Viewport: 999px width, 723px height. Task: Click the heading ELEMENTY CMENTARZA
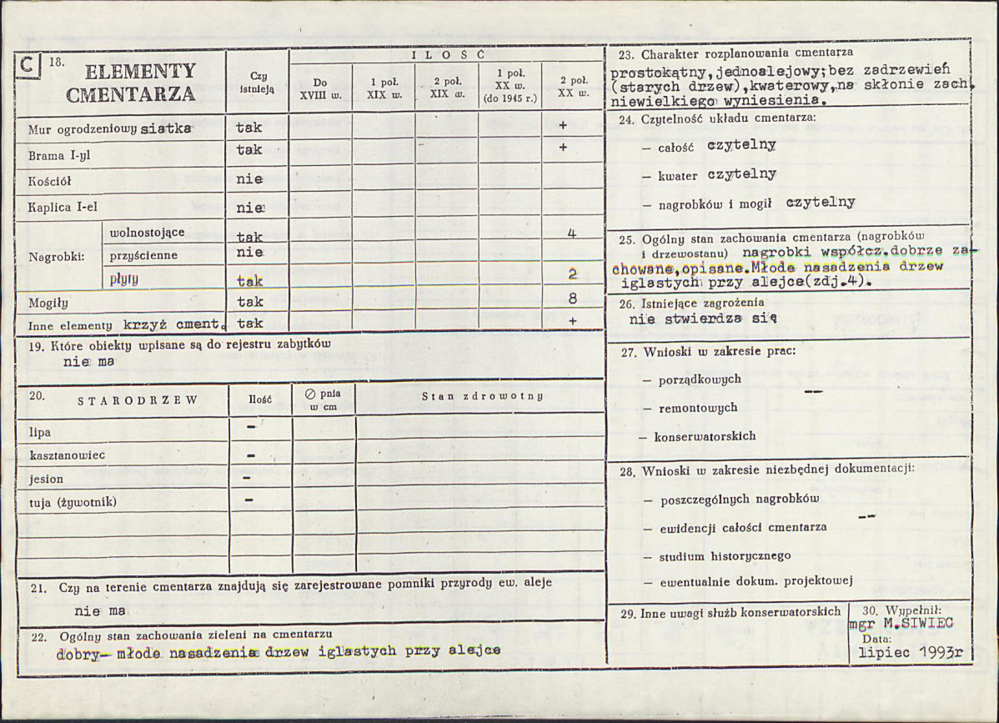tap(130, 82)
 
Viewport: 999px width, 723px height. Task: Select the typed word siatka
tap(167, 129)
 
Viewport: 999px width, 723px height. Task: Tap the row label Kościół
tap(50, 181)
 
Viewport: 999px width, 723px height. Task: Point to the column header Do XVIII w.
tap(320, 88)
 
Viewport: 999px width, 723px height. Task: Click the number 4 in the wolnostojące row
tap(572, 233)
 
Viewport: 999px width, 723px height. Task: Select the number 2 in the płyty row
tap(572, 274)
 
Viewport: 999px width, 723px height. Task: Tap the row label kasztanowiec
tap(68, 456)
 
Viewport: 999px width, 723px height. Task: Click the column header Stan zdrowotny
tap(483, 396)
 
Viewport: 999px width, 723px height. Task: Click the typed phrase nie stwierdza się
tap(703, 318)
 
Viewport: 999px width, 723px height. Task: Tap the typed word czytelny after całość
tap(741, 145)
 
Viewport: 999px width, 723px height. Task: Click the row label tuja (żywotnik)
tap(73, 502)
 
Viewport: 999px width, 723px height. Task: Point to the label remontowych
tap(698, 408)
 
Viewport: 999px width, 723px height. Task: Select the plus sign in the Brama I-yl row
tap(563, 148)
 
